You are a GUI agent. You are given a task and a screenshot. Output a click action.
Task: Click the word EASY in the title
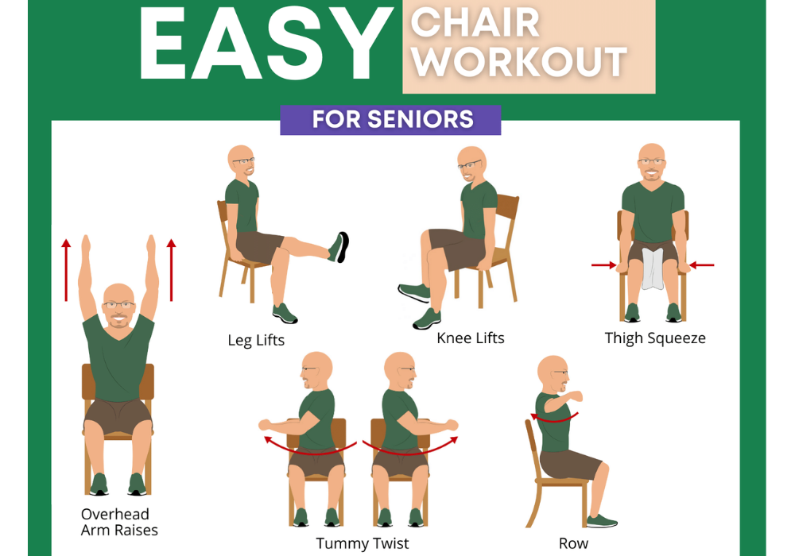point(265,44)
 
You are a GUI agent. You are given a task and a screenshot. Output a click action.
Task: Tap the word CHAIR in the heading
point(475,23)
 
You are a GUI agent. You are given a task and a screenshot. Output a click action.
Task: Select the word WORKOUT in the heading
point(520,62)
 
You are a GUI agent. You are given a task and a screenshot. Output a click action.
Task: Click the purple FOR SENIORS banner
point(390,120)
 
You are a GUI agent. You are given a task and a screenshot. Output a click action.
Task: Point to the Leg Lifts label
point(256,340)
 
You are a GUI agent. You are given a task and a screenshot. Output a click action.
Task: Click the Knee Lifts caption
point(471,338)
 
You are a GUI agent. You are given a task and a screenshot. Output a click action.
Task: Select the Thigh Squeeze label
point(655,338)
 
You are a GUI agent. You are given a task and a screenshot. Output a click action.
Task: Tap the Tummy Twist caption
point(362,543)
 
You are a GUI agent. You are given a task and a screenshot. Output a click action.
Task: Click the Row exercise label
point(573,543)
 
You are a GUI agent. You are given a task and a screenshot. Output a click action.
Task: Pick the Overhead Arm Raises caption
point(119,522)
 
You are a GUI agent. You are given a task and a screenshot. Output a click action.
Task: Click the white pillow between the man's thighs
point(653,269)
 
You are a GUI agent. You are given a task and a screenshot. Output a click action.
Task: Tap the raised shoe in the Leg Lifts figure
point(339,247)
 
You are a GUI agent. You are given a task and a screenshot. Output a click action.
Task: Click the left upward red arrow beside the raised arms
point(66,270)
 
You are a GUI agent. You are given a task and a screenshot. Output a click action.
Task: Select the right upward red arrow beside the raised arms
point(172,270)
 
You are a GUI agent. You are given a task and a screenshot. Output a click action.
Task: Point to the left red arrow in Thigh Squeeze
point(604,264)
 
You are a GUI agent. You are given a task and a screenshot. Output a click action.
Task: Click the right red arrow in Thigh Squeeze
point(702,264)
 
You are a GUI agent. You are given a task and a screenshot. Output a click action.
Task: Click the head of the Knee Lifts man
point(472,165)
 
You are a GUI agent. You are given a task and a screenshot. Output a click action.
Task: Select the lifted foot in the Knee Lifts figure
point(414,292)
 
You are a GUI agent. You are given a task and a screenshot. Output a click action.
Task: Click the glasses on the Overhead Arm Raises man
point(118,305)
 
